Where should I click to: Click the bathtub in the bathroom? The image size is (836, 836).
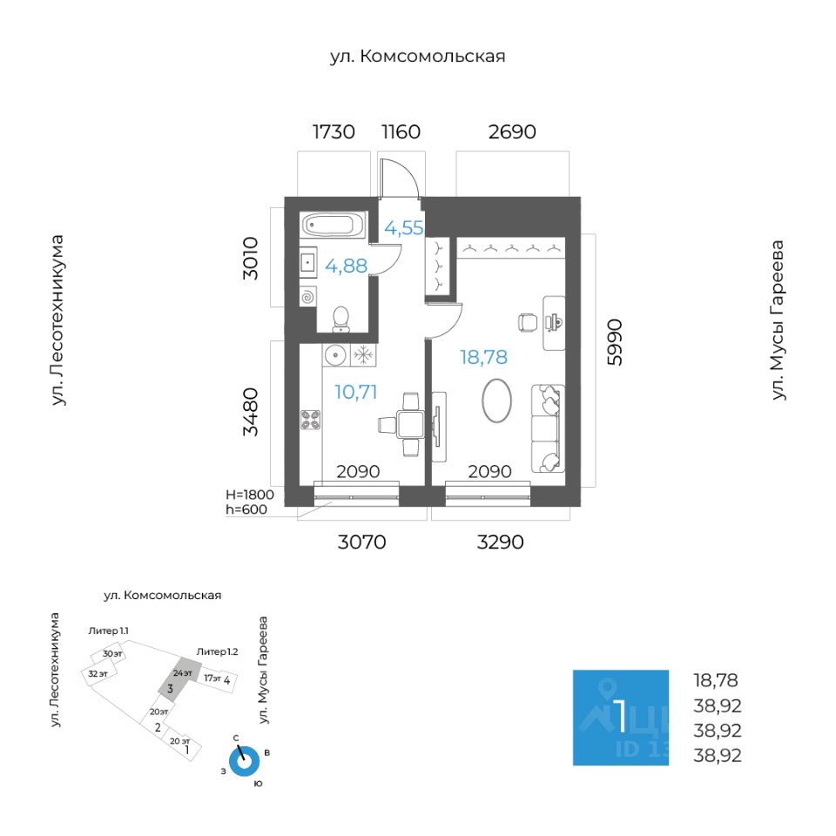click(x=334, y=225)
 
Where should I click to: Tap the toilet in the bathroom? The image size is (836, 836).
click(x=340, y=319)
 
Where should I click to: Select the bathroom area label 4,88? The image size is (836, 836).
click(x=346, y=266)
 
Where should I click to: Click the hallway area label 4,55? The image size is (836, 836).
click(x=403, y=228)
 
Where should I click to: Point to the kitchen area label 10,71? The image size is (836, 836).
click(x=355, y=392)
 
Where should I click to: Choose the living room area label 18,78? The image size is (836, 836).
click(x=483, y=357)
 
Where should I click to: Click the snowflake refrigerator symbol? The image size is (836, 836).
click(x=364, y=354)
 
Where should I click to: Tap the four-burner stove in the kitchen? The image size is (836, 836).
click(x=311, y=420)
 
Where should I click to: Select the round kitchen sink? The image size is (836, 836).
click(x=335, y=354)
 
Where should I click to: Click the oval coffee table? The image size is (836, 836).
click(x=497, y=401)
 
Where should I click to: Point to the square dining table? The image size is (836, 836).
click(x=410, y=425)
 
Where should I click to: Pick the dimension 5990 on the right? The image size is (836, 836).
click(x=615, y=342)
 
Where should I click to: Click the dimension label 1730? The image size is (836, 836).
click(x=334, y=131)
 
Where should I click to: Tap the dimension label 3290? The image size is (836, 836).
click(x=500, y=543)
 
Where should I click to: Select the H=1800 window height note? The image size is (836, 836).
click(x=250, y=495)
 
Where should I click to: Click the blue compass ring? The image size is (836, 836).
click(x=244, y=762)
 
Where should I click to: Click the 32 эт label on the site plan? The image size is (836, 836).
click(x=98, y=674)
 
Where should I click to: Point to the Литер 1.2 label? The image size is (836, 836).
click(x=217, y=651)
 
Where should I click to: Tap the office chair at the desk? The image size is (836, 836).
click(x=528, y=322)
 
